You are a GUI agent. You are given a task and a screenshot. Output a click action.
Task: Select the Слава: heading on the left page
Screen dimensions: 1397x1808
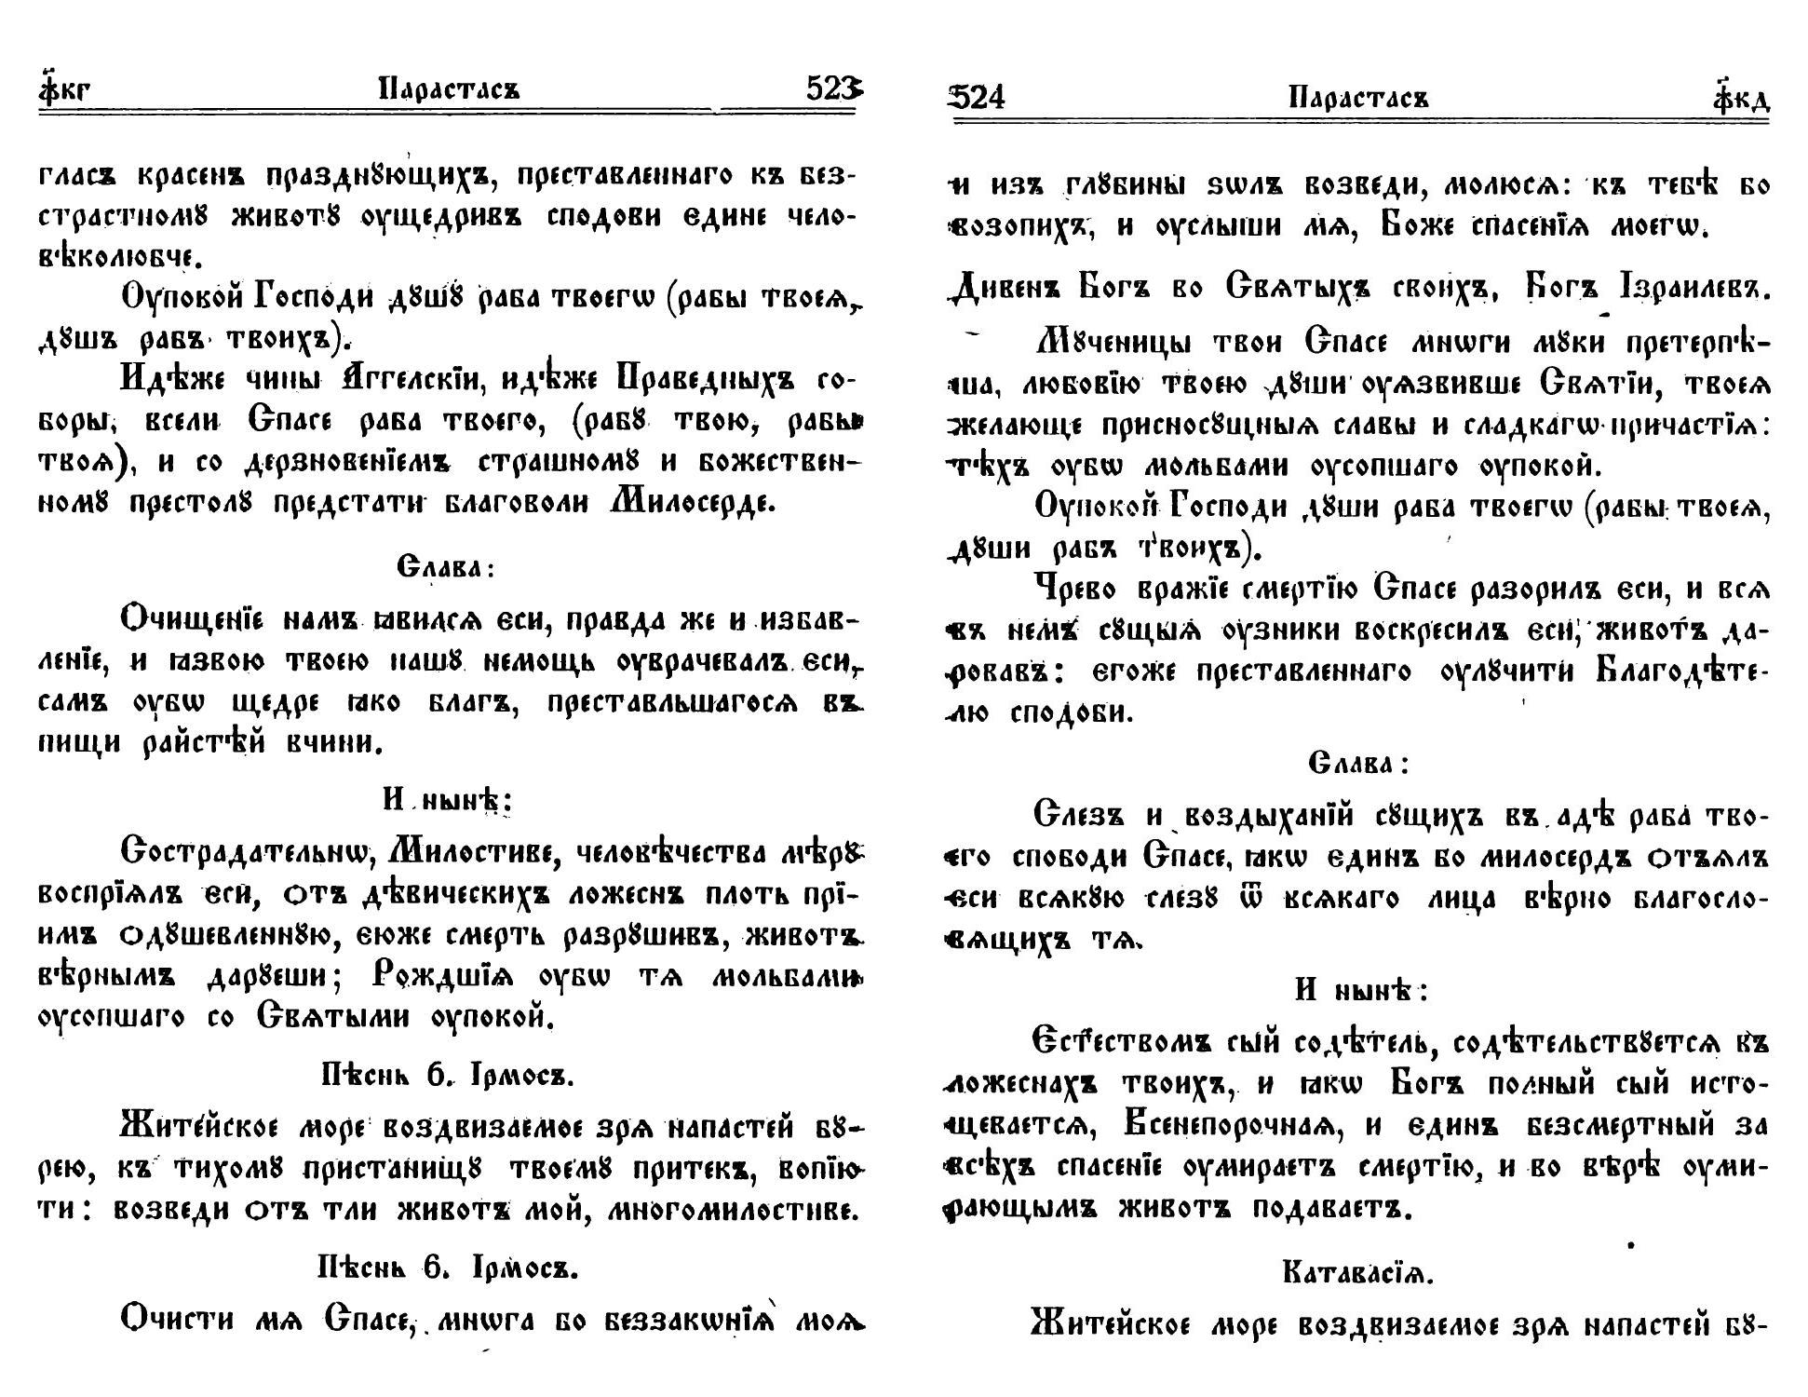[444, 566]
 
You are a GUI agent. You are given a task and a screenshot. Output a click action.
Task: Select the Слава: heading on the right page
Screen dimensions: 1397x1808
[1358, 764]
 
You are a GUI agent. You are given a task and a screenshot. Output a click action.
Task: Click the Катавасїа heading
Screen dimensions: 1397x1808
[1358, 1271]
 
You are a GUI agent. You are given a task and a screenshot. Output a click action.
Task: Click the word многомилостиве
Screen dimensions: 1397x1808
[730, 1211]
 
